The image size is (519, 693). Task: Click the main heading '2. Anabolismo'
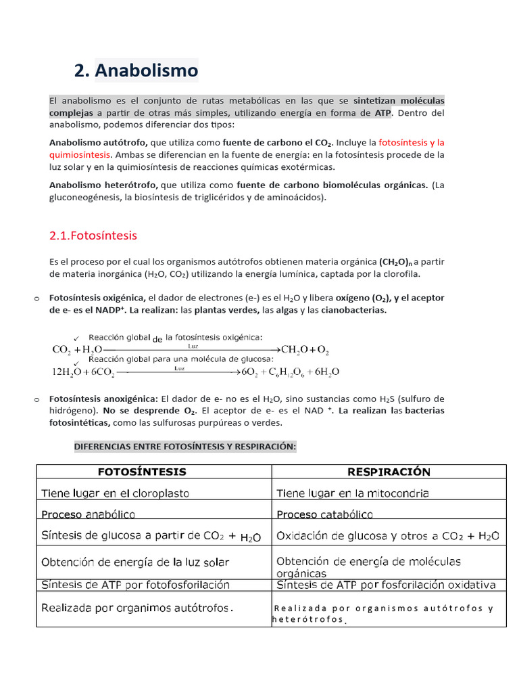click(x=136, y=70)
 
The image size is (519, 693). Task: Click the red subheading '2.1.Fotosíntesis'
click(x=93, y=236)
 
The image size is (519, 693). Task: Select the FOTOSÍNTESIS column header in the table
click(x=143, y=472)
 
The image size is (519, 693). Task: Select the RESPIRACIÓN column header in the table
click(x=389, y=472)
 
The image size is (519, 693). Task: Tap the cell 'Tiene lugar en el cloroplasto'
click(x=116, y=493)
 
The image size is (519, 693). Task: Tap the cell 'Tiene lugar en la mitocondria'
click(x=353, y=493)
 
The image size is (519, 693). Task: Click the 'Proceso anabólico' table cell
click(x=89, y=514)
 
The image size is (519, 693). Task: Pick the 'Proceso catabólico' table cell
click(x=324, y=514)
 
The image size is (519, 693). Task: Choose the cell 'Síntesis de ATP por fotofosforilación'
click(x=136, y=585)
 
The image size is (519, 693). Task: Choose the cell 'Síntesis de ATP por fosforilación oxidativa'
click(x=387, y=585)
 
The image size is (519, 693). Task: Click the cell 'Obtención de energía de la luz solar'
click(x=135, y=562)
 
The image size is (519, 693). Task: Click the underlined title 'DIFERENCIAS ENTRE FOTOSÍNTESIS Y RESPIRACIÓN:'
click(x=185, y=447)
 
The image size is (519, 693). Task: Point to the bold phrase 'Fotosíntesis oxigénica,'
click(x=97, y=298)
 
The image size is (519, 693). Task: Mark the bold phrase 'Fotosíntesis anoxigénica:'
click(x=103, y=399)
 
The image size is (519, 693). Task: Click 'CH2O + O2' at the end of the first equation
click(x=305, y=350)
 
